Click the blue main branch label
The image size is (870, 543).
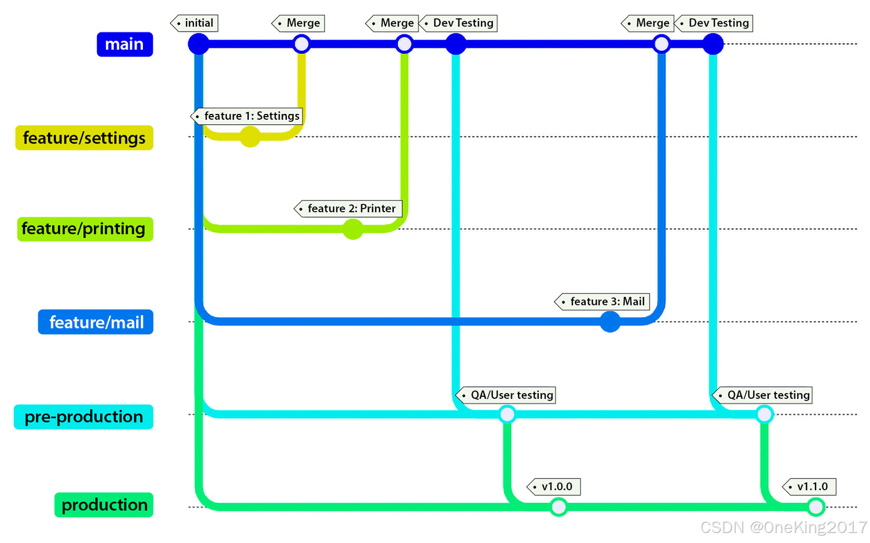pyautogui.click(x=124, y=44)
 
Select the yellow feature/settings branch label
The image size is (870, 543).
pyautogui.click(x=84, y=138)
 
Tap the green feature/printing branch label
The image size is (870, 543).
pyautogui.click(x=85, y=229)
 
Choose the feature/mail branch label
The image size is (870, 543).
pyautogui.click(x=95, y=322)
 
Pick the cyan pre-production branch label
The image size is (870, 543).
pyautogui.click(x=83, y=417)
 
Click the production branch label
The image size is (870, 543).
pyautogui.click(x=104, y=505)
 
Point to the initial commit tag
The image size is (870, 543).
pyautogui.click(x=195, y=23)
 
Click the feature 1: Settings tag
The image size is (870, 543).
pyautogui.click(x=247, y=116)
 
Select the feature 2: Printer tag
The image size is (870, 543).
pyautogui.click(x=349, y=208)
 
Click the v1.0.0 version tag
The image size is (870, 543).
pyautogui.click(x=554, y=487)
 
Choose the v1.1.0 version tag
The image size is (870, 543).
pyautogui.click(x=810, y=487)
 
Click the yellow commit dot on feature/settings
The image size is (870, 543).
pyautogui.click(x=250, y=137)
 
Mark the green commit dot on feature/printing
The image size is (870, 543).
pyautogui.click(x=353, y=229)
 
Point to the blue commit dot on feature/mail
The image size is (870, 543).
pyautogui.click(x=610, y=321)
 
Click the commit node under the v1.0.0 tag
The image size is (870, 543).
pyautogui.click(x=558, y=507)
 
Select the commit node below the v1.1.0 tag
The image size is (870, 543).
pyautogui.click(x=816, y=507)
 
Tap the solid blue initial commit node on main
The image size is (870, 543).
pyautogui.click(x=199, y=44)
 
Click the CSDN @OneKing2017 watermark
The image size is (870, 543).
pyautogui.click(x=784, y=527)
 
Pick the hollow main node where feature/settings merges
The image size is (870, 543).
pyautogui.click(x=302, y=44)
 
